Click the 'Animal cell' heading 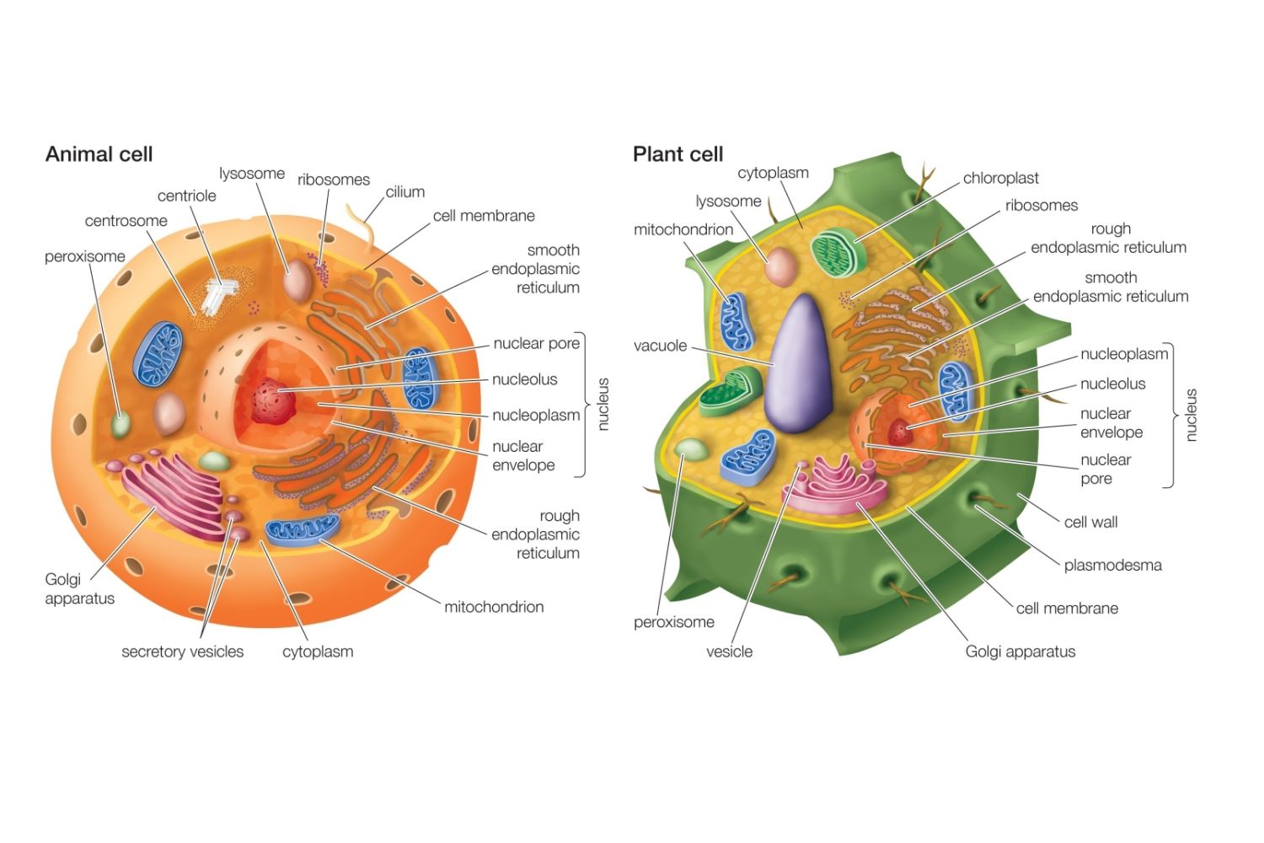coord(99,154)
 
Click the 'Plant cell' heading coord(678,154)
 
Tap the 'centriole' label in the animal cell coord(186,196)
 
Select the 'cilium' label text coord(404,191)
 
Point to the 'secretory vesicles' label coord(182,652)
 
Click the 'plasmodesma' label coord(1112,565)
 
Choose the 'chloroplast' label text coord(1000,178)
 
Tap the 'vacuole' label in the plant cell coord(660,346)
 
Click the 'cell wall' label coord(1090,522)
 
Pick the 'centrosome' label coord(126,221)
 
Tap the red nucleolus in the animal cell coord(274,400)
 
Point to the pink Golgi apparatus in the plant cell coord(833,484)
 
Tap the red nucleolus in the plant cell coord(900,432)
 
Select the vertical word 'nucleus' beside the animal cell coord(603,405)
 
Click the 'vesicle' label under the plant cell coord(729,652)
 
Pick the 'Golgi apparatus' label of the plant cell coord(1020,652)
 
